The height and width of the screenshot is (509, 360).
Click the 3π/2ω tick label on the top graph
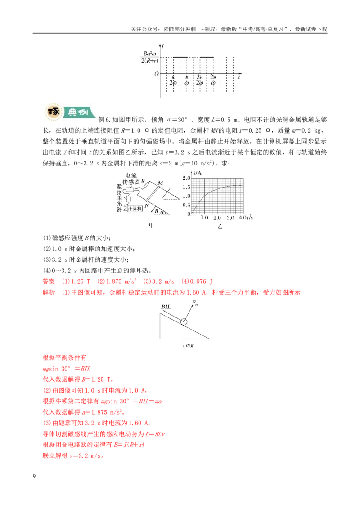[x=199, y=80]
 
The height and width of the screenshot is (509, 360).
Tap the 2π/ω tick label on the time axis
[x=213, y=80]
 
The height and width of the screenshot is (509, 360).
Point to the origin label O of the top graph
[x=156, y=74]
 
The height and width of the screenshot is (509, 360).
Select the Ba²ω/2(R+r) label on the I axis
[x=149, y=57]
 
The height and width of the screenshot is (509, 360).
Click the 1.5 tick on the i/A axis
[x=186, y=187]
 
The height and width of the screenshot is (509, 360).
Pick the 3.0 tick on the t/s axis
[x=230, y=218]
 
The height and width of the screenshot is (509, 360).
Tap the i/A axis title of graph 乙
[x=198, y=173]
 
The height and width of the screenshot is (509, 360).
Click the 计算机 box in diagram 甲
[x=135, y=209]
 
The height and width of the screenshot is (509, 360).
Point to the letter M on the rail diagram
[x=160, y=183]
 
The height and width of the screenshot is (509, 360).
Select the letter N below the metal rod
[x=147, y=205]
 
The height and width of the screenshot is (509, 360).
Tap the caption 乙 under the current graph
[x=220, y=227]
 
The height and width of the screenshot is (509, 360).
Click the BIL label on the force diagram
[x=166, y=307]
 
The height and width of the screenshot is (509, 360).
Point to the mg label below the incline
[x=190, y=345]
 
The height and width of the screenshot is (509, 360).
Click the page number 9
[x=34, y=476]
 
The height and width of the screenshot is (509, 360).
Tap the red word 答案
[x=49, y=281]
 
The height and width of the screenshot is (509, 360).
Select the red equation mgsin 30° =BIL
[x=67, y=369]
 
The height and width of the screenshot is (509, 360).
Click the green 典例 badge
[x=79, y=112]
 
